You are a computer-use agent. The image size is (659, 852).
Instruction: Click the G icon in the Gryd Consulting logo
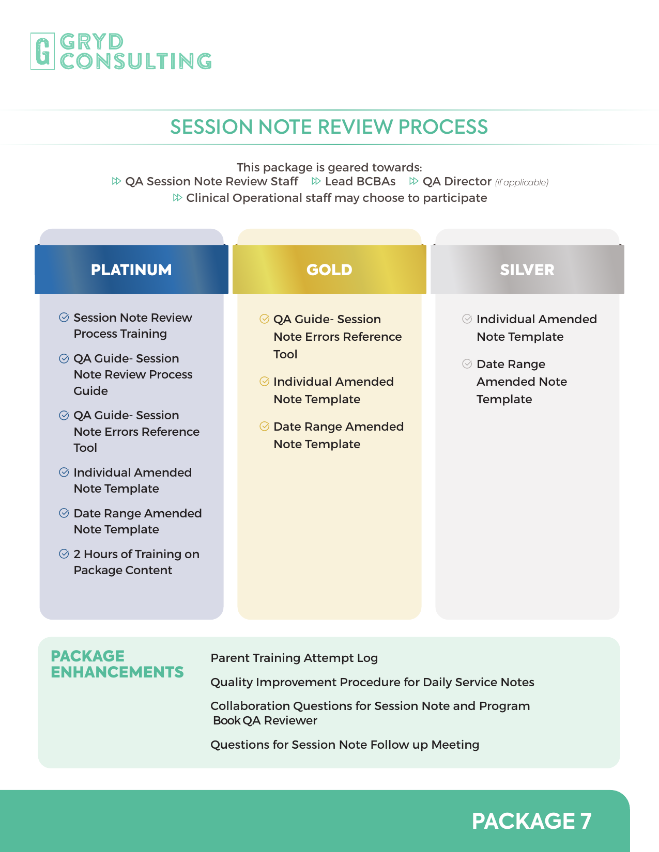[42, 51]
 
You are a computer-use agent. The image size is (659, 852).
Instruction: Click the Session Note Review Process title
[329, 127]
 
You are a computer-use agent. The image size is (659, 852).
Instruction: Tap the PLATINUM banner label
[131, 270]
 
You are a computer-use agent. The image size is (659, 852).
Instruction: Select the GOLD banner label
[329, 270]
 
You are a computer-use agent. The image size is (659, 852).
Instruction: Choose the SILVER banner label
[527, 270]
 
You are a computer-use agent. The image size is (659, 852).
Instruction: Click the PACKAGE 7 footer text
[531, 821]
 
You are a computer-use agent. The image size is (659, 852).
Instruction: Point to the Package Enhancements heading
[117, 664]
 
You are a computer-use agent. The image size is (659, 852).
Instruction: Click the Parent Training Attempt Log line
[294, 658]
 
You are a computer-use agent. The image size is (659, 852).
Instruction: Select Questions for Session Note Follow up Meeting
[345, 745]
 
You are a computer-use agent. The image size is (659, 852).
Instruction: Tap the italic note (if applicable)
[522, 182]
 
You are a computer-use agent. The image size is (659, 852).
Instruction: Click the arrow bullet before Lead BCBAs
[316, 181]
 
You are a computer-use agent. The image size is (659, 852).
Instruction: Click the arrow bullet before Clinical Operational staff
[177, 198]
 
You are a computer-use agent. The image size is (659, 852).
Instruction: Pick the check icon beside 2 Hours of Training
[64, 554]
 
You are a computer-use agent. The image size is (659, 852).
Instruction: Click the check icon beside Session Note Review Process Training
[64, 317]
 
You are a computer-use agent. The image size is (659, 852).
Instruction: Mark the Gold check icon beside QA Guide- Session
[265, 319]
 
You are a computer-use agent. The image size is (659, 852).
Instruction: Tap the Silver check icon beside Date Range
[467, 364]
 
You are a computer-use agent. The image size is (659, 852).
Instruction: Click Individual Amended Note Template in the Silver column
[537, 328]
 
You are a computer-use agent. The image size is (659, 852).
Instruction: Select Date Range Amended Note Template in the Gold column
[339, 435]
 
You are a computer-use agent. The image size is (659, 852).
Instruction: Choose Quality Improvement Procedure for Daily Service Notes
[372, 682]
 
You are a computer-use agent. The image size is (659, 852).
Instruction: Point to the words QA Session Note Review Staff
[211, 181]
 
